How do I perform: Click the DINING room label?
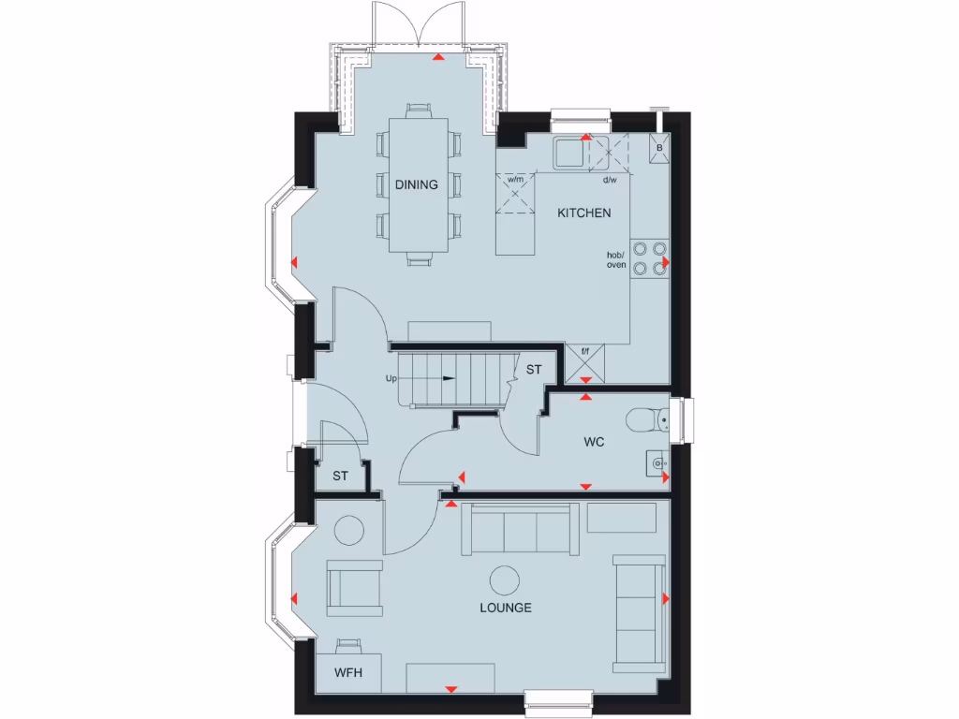pos(416,184)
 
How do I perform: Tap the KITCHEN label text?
pos(584,213)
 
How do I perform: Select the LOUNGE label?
pos(506,608)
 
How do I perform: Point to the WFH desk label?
pos(347,673)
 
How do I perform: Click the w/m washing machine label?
pos(515,179)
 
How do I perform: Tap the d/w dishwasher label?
pos(610,179)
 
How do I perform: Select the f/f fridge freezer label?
pos(585,351)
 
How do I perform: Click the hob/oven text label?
pos(615,259)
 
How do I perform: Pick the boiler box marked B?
pos(659,148)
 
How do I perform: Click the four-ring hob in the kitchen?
pos(650,257)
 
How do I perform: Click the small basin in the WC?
pos(657,461)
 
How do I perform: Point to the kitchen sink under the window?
pos(568,152)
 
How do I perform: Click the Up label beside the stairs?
pos(391,379)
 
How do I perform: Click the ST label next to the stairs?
pos(534,370)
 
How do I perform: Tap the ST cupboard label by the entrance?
pos(340,477)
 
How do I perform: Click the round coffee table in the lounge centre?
pos(507,580)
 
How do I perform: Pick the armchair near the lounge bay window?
pos(354,587)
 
